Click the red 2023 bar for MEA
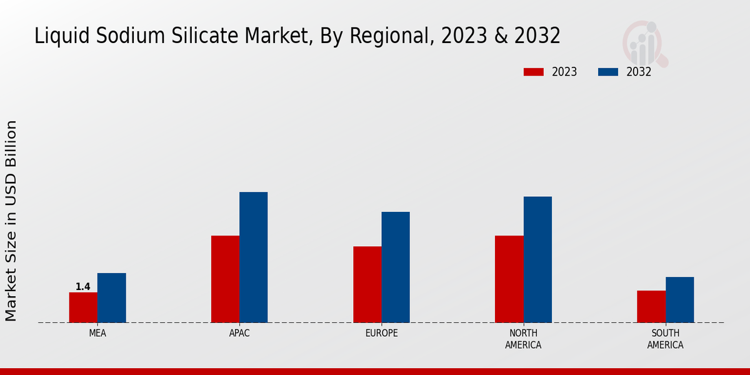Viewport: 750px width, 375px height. click(x=83, y=307)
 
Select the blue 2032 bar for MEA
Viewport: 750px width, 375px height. click(x=111, y=297)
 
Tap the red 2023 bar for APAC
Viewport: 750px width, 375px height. click(x=225, y=279)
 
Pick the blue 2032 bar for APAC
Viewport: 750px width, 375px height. click(x=253, y=257)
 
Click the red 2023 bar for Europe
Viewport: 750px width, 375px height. click(x=367, y=284)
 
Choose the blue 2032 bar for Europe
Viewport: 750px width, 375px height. click(x=396, y=267)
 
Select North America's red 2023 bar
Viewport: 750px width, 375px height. click(x=509, y=279)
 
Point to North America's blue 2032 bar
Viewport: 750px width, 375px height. click(x=537, y=259)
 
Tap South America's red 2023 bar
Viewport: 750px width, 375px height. click(x=651, y=306)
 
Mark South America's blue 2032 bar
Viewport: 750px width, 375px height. click(x=679, y=299)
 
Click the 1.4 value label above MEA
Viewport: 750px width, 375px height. click(x=83, y=287)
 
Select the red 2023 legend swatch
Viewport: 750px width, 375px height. click(x=534, y=72)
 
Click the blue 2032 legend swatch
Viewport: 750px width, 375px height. click(x=608, y=72)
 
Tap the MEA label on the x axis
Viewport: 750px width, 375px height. click(x=97, y=333)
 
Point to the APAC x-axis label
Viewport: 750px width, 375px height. click(x=239, y=333)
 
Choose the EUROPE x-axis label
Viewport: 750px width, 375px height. click(x=381, y=333)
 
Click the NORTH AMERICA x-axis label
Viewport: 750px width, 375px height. click(x=523, y=339)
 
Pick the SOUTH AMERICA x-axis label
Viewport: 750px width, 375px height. click(x=665, y=339)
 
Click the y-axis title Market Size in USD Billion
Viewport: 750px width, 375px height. click(x=11, y=221)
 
